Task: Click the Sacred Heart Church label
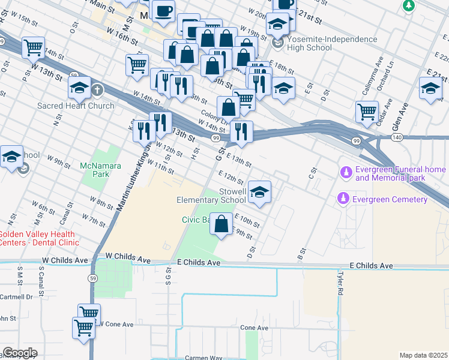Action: tap(76, 106)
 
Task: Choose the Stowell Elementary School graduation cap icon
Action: tap(260, 192)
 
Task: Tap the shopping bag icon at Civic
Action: tap(221, 224)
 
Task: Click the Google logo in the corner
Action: tap(20, 353)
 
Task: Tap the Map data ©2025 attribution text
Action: tap(423, 355)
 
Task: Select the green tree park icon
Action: tap(408, 6)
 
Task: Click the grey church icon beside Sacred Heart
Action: tap(97, 91)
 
